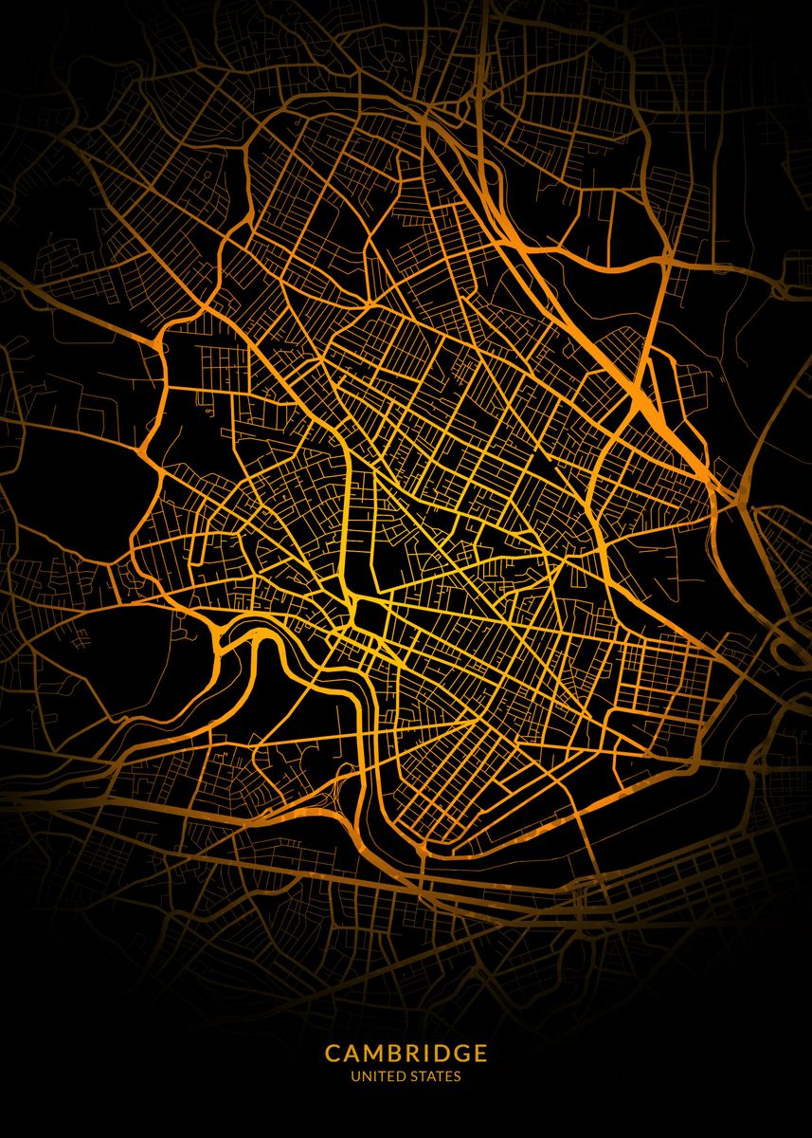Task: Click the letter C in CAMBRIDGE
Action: [333, 1054]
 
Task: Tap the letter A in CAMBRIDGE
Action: [352, 1054]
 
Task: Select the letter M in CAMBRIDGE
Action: [373, 1054]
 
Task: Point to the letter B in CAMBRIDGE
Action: [395, 1054]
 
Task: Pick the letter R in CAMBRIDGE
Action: [413, 1054]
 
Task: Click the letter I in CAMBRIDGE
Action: [426, 1054]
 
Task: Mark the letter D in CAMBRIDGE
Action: [441, 1054]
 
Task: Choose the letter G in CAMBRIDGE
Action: [461, 1054]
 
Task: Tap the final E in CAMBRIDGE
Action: [481, 1054]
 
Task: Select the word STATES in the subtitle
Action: [433, 1077]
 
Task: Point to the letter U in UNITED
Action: [354, 1077]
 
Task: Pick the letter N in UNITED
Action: [364, 1077]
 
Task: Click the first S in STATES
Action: [409, 1077]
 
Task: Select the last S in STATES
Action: [458, 1077]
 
